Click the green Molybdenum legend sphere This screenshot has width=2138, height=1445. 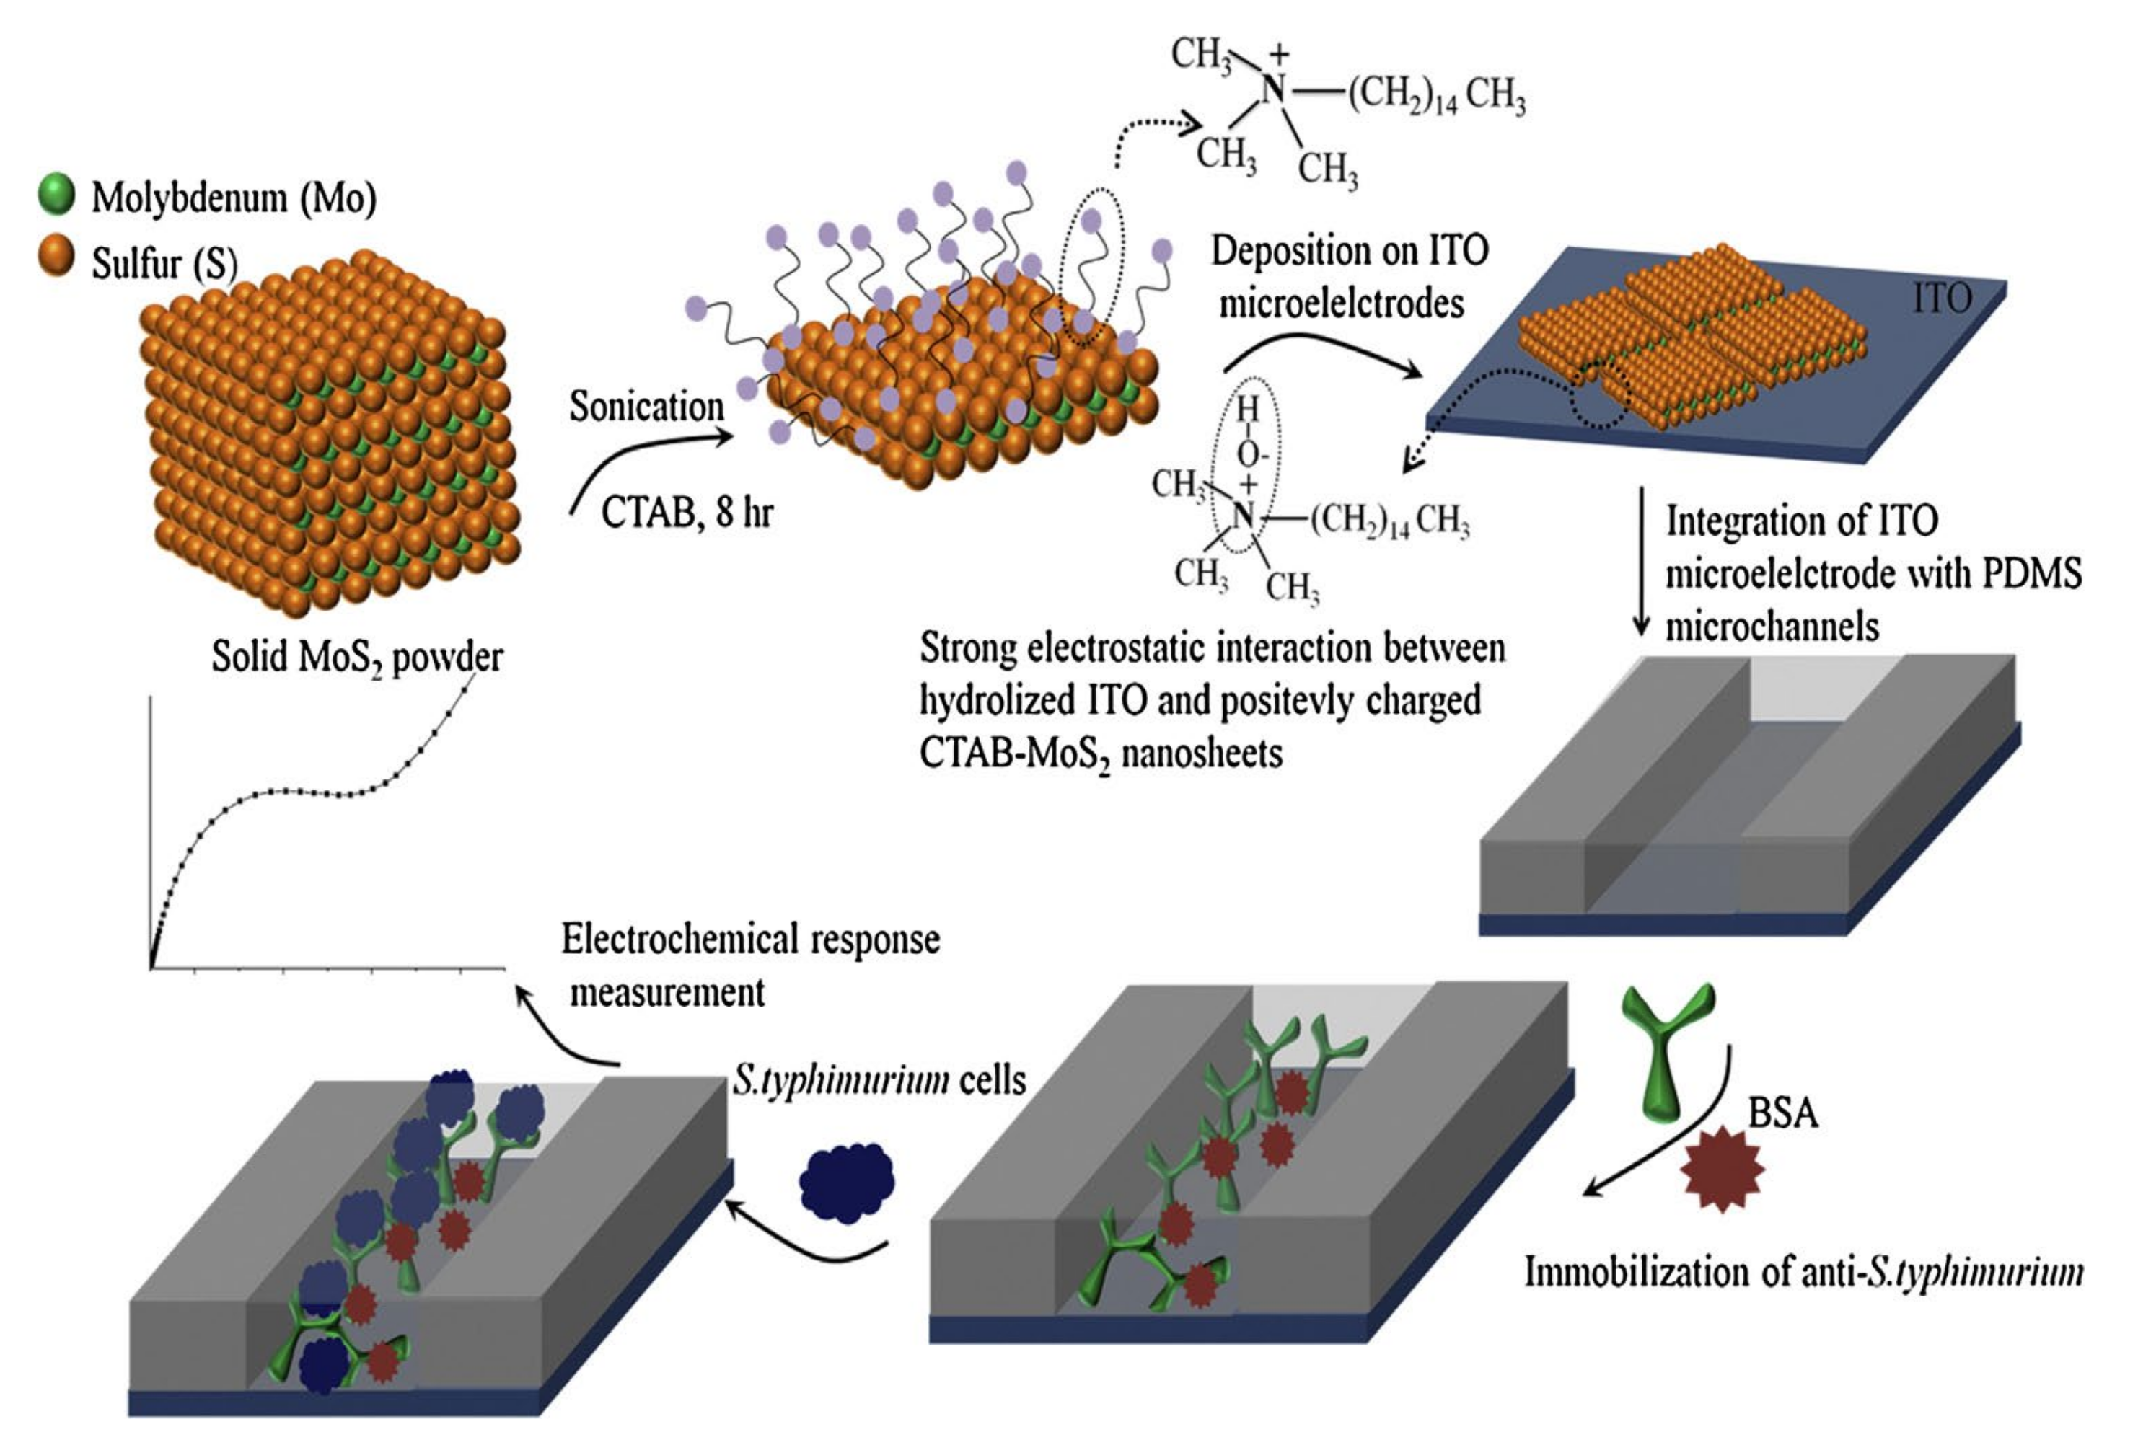[x=56, y=194]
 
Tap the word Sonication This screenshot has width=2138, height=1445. [x=646, y=407]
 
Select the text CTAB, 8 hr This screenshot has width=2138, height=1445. [x=687, y=513]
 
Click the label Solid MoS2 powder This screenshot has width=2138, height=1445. [x=357, y=657]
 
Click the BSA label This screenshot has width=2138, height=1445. [x=1783, y=1114]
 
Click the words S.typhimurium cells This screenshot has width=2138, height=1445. [x=879, y=1080]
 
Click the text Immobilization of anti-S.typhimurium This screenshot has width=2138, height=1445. [x=1803, y=1273]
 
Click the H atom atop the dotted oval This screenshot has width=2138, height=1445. [x=1246, y=408]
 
